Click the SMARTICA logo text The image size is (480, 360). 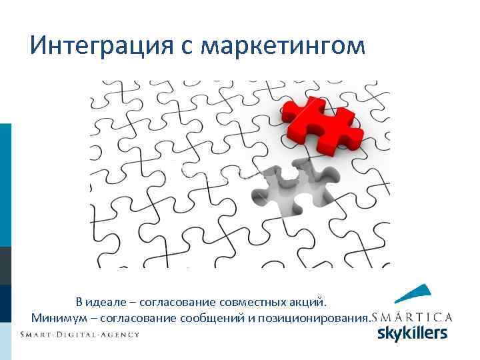413,317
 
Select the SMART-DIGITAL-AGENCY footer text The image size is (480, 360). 80,334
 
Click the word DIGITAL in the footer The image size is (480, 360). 81,334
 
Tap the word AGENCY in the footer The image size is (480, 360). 121,334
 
